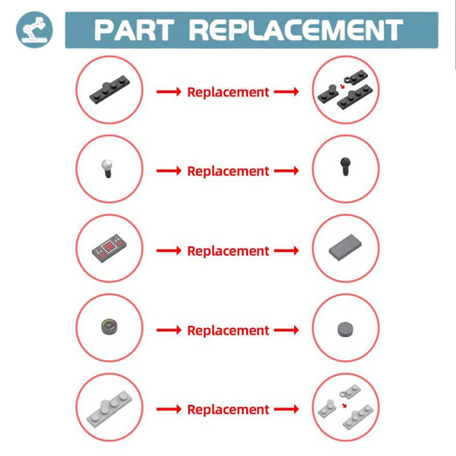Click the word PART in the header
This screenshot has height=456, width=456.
pyautogui.click(x=135, y=30)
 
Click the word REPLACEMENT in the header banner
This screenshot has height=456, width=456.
pyautogui.click(x=296, y=30)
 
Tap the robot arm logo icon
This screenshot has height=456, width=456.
pyautogui.click(x=34, y=30)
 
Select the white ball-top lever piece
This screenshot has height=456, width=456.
pyautogui.click(x=107, y=168)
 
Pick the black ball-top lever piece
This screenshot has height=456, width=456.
pyautogui.click(x=345, y=166)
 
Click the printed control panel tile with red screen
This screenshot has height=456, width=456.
pyautogui.click(x=109, y=248)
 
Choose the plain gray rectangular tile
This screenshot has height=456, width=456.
pyautogui.click(x=345, y=247)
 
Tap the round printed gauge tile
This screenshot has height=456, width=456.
pyautogui.click(x=109, y=327)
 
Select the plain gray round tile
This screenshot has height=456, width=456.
pyautogui.click(x=346, y=329)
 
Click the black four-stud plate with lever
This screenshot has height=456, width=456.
pyautogui.click(x=109, y=90)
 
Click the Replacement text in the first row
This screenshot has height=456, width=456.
pyautogui.click(x=228, y=92)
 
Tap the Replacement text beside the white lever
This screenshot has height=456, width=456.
pyautogui.click(x=228, y=172)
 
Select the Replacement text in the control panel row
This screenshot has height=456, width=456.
pyautogui.click(x=228, y=251)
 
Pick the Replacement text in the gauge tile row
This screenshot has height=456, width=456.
pyautogui.click(x=228, y=331)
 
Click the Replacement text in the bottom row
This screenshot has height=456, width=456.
pyautogui.click(x=228, y=410)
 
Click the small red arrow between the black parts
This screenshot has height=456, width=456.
pyautogui.click(x=343, y=86)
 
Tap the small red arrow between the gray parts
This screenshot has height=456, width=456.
pyautogui.click(x=344, y=405)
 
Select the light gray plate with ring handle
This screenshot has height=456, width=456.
pyautogui.click(x=351, y=391)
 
